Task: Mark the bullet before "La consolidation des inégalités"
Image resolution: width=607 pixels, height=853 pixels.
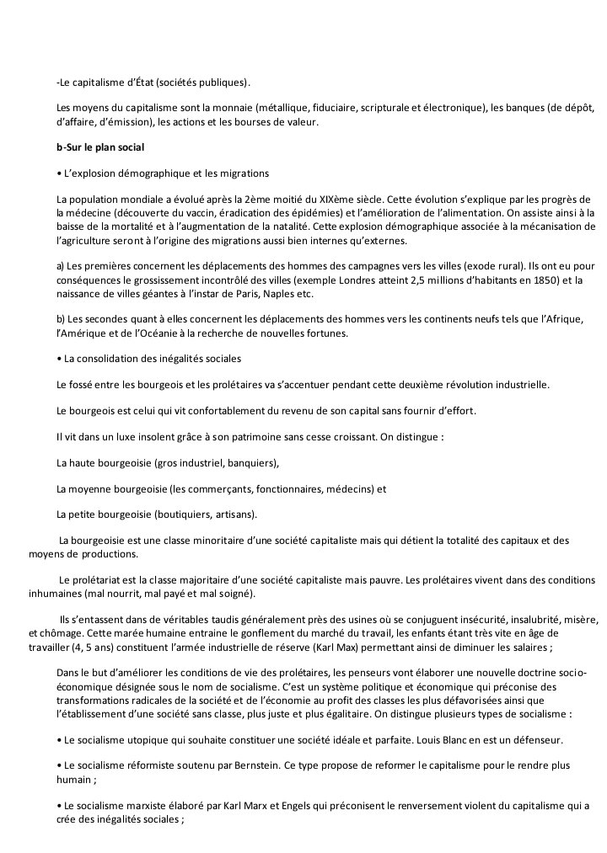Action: point(58,359)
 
